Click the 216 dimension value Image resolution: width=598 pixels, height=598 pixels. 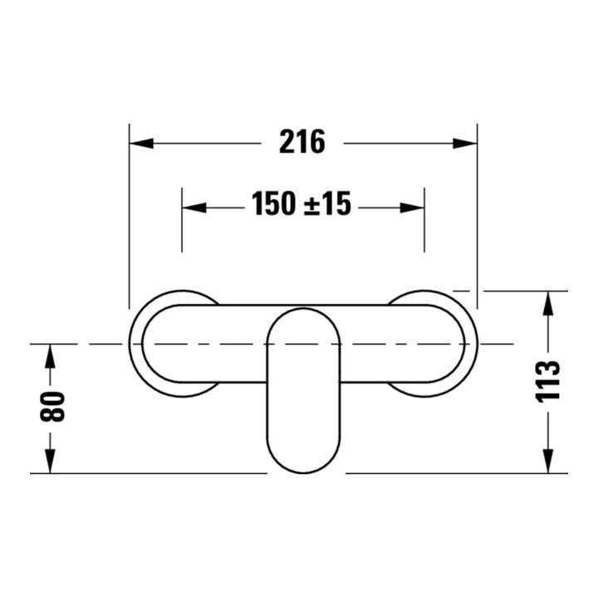pos(302,141)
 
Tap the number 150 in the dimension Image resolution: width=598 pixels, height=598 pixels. pos(273,203)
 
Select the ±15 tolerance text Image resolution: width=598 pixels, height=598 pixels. pos(327,203)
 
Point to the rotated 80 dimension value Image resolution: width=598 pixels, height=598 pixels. pos(52,406)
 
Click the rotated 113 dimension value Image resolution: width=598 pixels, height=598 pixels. pos(547,380)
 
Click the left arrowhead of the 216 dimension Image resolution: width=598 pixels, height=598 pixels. pos(141,144)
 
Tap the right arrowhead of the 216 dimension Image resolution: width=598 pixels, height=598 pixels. pos(465,144)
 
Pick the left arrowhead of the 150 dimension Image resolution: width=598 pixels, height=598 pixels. pos(194,208)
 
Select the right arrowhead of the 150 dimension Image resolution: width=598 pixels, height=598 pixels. pos(412,208)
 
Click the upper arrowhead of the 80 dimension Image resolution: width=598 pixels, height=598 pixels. pos(50,356)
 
